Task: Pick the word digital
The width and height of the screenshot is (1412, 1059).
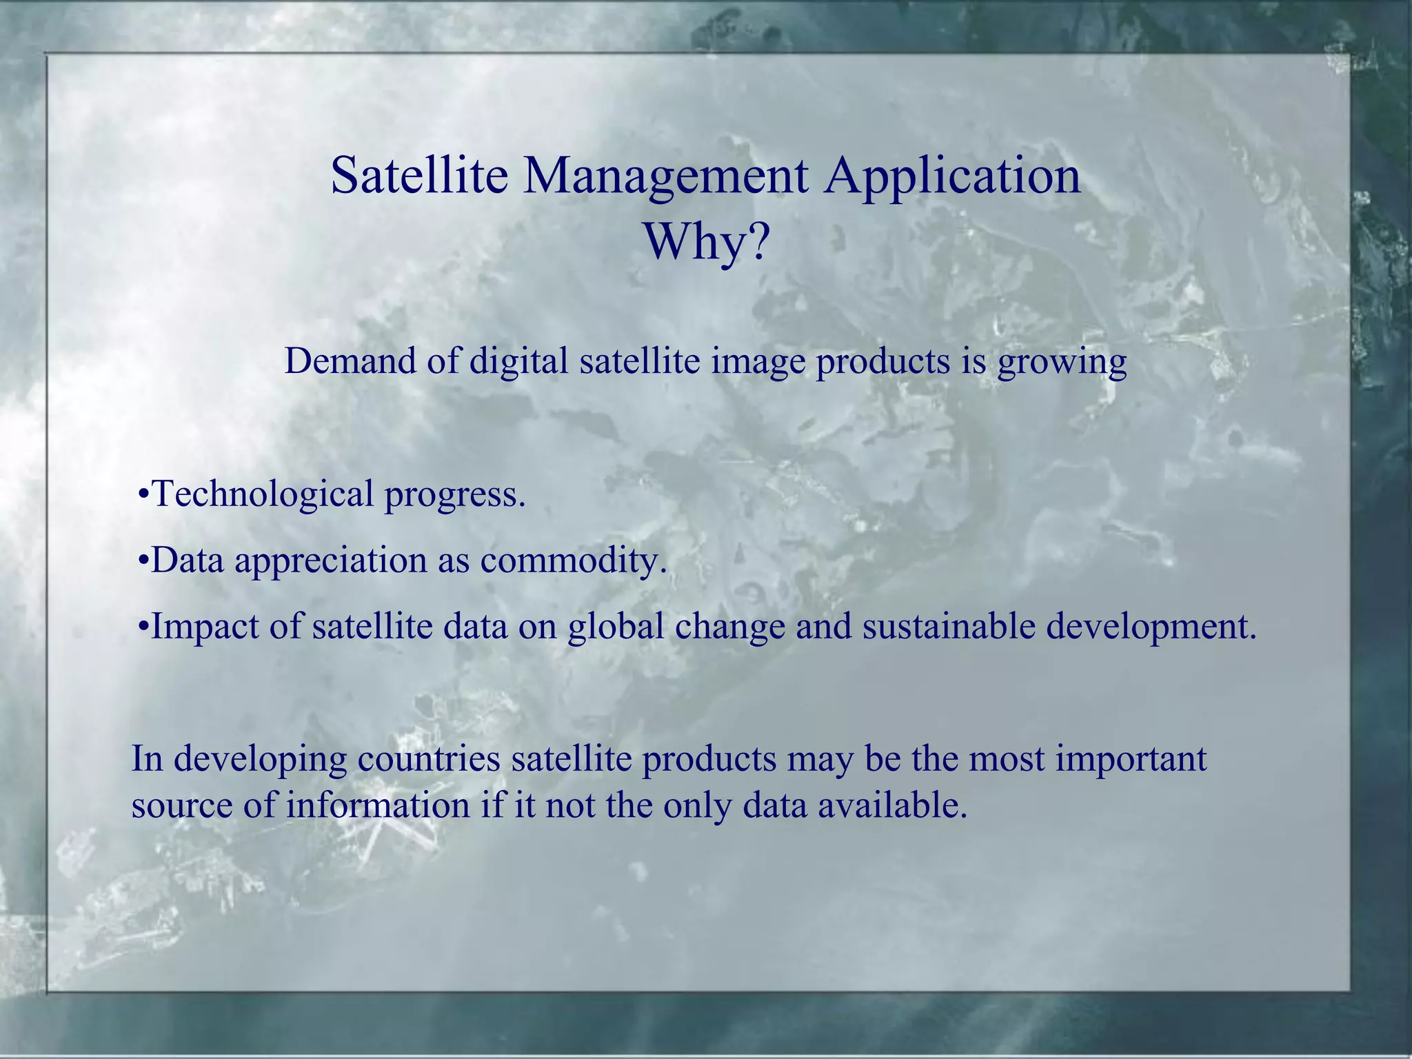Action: point(518,362)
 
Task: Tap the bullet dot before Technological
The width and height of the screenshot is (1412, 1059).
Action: point(143,495)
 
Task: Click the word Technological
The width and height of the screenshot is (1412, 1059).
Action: point(263,495)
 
